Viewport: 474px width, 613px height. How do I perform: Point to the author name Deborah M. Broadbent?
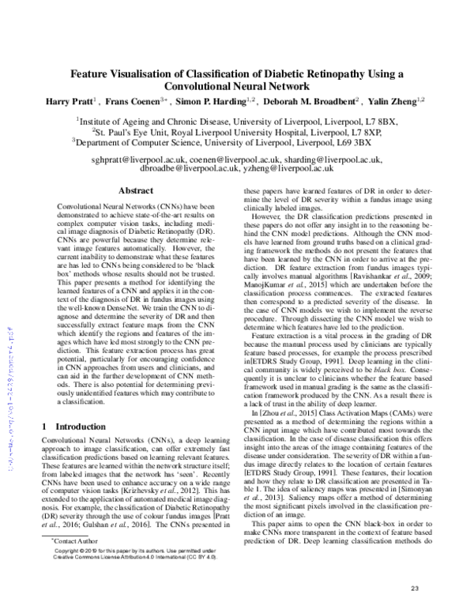click(x=315, y=101)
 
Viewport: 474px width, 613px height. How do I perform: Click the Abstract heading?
click(x=134, y=191)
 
